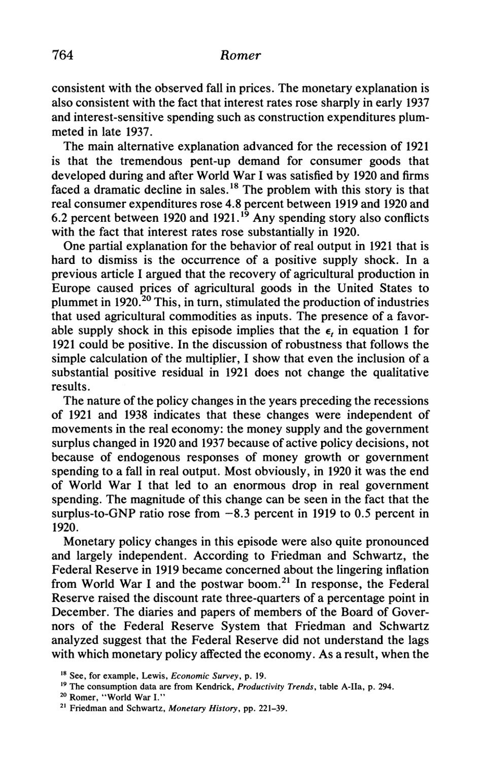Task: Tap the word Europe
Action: [70, 288]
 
